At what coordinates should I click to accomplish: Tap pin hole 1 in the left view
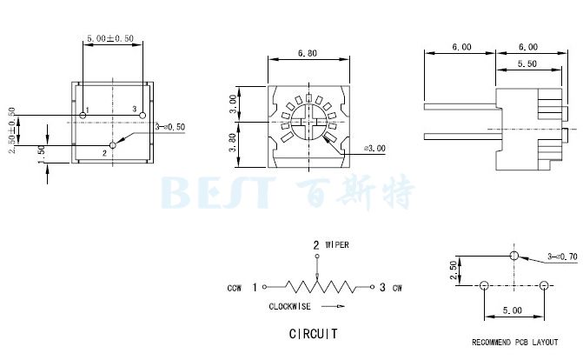tap(83, 115)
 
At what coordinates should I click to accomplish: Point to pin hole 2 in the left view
tap(112, 144)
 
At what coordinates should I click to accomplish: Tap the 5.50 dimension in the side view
tap(527, 65)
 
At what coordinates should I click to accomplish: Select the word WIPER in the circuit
tap(336, 245)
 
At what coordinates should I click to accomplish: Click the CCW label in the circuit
tap(235, 288)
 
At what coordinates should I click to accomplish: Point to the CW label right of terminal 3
tap(397, 288)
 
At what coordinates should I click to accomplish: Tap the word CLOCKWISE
tap(289, 306)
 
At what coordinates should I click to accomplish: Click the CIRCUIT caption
tap(313, 334)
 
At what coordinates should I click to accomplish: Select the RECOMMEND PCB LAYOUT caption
tap(513, 343)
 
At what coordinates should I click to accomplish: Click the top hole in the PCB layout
tap(513, 257)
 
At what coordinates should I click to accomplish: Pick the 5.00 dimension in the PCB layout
tap(513, 310)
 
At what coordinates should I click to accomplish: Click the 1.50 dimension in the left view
tap(41, 150)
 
